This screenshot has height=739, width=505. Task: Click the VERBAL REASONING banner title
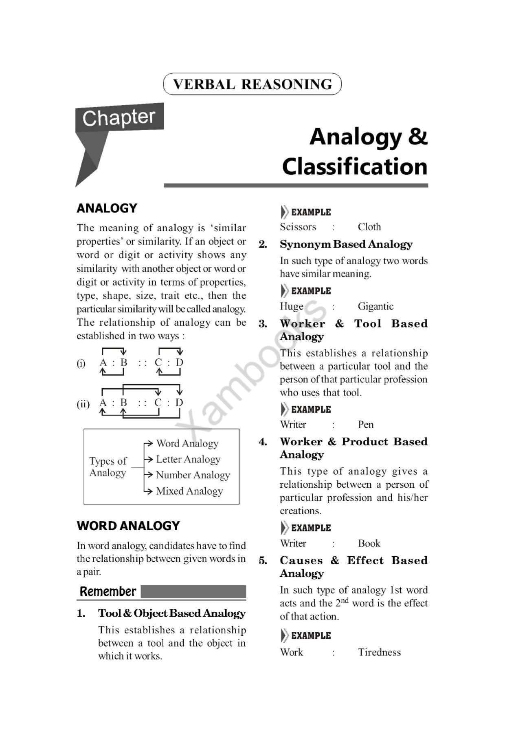point(252,84)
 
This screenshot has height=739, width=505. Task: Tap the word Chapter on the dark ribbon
point(119,118)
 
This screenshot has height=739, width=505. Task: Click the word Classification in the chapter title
point(355,167)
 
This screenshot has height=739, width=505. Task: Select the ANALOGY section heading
point(107,208)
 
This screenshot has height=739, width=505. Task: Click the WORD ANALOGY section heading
point(128,526)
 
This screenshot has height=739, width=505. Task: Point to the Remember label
point(108,591)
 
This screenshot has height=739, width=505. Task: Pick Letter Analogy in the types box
point(188,459)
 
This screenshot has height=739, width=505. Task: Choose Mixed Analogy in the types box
point(189,491)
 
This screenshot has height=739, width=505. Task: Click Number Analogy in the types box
point(193,475)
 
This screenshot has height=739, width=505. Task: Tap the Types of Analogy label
point(108,467)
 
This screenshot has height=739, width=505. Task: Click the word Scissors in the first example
point(298,227)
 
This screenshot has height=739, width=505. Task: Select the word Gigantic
point(375,306)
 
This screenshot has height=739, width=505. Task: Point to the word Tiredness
point(379,652)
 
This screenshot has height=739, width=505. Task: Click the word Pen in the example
point(366,425)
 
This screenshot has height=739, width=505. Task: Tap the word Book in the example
point(369,543)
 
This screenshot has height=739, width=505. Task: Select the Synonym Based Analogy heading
point(346,244)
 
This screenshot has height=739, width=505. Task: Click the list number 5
point(263,561)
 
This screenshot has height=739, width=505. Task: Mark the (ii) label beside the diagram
point(83,404)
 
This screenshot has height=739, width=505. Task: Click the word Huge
point(292,306)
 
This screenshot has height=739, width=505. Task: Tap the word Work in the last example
point(292,652)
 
